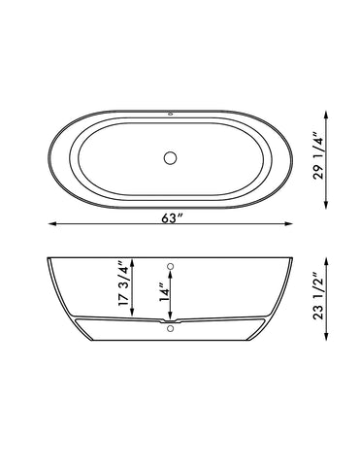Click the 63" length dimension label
[172, 218]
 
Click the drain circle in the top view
[171, 156]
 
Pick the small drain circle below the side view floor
[171, 330]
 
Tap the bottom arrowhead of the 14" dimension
[171, 317]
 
